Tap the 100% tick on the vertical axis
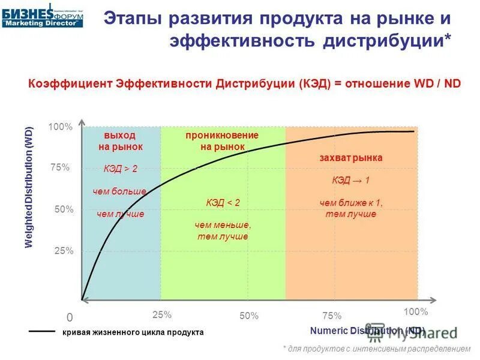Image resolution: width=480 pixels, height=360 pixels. tap(61, 127)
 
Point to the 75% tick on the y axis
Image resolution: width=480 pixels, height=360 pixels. tap(61, 169)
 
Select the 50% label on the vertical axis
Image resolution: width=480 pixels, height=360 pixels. tap(64, 209)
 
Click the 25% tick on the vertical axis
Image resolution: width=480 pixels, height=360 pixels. tap(64, 251)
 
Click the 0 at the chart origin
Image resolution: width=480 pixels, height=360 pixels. tap(69, 317)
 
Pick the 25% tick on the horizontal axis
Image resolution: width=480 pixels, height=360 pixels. tap(162, 314)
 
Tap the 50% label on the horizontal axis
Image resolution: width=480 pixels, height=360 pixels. tap(248, 316)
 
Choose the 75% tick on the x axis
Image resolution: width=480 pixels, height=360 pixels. tap(332, 316)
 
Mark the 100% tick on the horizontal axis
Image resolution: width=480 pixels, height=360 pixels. tap(415, 312)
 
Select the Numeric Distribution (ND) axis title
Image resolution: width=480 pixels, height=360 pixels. tap(367, 331)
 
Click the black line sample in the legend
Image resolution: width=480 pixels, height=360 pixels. tap(42, 331)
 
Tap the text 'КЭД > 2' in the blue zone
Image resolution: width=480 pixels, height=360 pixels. tap(120, 169)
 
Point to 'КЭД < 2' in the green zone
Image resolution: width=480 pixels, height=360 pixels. tap(223, 203)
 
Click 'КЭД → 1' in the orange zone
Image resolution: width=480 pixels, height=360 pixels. tap(351, 180)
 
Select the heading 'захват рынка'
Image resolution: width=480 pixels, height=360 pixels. tap(351, 157)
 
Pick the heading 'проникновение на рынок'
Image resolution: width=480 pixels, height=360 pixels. tap(222, 140)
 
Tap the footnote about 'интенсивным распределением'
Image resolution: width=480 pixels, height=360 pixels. tap(377, 348)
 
